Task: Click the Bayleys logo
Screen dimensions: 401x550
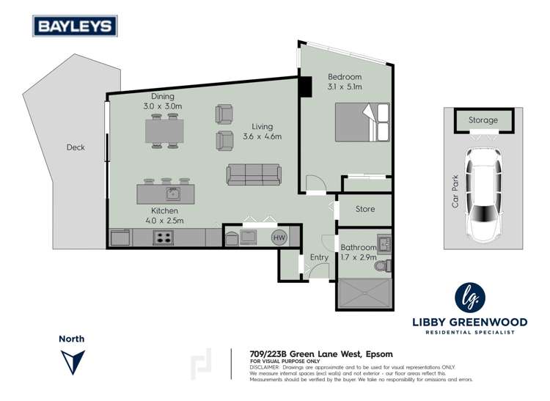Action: click(74, 26)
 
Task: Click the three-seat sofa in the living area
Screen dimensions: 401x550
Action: click(253, 175)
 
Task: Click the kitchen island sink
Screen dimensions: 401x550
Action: click(172, 194)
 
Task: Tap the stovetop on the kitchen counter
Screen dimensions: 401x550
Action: click(162, 237)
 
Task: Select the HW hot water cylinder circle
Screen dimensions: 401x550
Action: click(279, 237)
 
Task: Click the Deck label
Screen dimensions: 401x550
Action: click(75, 147)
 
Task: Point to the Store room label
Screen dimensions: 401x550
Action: click(365, 209)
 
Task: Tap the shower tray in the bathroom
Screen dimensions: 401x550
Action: click(365, 295)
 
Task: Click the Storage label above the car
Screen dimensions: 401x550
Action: click(483, 120)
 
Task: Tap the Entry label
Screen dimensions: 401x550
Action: click(319, 257)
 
